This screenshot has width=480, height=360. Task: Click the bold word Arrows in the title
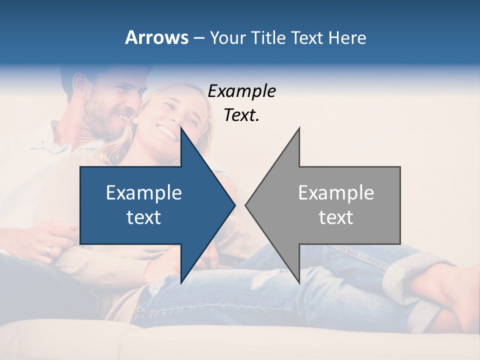(156, 37)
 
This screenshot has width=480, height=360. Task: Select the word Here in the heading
(347, 37)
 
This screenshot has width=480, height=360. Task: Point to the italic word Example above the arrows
(241, 91)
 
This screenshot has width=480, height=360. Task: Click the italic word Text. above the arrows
(241, 115)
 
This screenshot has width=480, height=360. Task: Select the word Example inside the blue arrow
(144, 193)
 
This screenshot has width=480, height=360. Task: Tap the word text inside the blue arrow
(144, 217)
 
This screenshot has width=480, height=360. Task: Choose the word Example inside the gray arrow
(336, 193)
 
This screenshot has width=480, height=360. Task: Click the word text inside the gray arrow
(336, 217)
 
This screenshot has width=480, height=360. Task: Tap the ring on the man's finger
(48, 251)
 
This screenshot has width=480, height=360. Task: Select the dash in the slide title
(198, 38)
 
